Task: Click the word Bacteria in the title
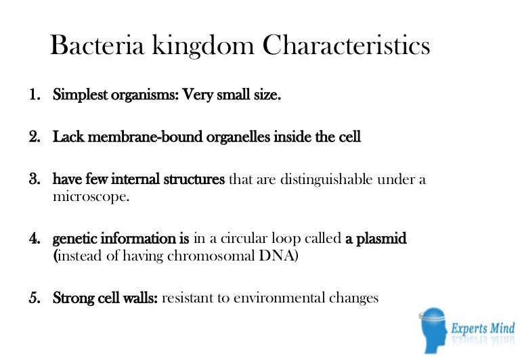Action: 97,45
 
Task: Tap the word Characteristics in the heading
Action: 346,45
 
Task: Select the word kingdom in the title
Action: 203,47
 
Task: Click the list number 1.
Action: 35,95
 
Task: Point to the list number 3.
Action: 35,179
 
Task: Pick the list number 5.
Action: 35,298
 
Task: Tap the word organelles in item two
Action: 238,137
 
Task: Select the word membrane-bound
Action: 145,137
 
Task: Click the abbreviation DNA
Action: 276,256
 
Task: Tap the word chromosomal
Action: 211,256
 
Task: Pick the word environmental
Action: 279,298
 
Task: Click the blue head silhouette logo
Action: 434,330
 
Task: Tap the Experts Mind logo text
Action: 483,328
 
